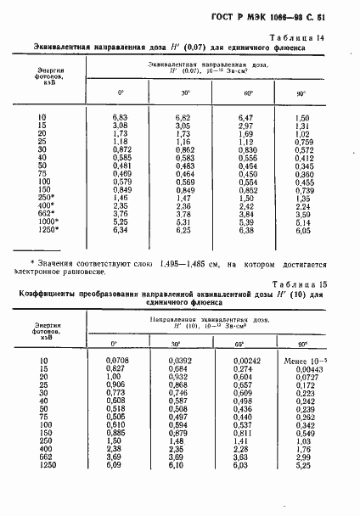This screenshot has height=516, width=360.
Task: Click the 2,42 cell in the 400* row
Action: pyautogui.click(x=245, y=205)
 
